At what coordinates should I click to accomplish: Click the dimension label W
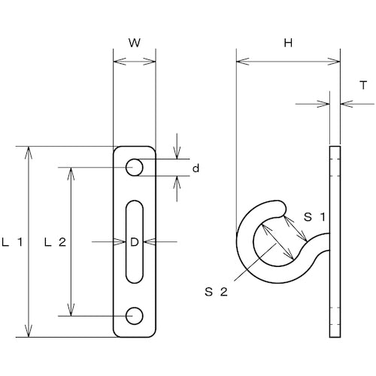135,43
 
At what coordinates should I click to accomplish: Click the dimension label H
288,43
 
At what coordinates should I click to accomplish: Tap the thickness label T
363,86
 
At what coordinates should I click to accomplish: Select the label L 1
13,242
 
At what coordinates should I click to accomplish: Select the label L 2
55,242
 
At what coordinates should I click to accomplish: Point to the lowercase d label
196,168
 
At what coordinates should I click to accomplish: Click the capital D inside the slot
135,242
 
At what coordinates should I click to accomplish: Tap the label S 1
315,217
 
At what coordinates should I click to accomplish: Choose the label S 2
216,292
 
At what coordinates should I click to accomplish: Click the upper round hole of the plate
135,168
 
